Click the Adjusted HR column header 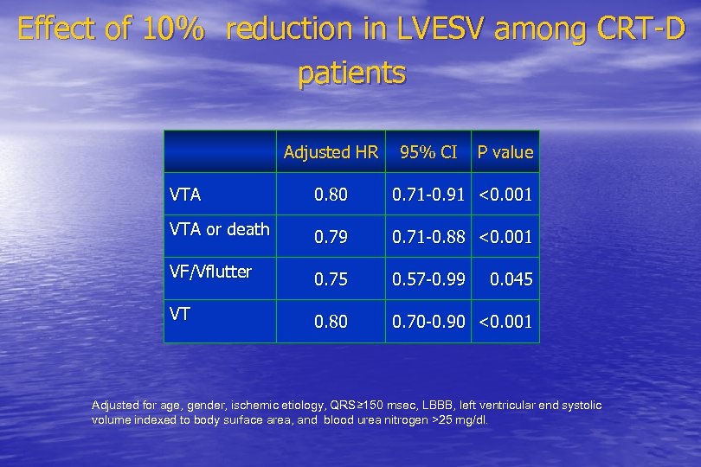331,152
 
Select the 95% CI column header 428,152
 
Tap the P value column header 505,152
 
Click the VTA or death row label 220,229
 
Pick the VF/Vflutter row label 210,272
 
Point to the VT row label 181,314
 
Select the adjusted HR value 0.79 331,237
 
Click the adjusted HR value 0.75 331,279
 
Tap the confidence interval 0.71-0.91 428,195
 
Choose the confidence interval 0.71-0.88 428,237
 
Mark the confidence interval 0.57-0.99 428,279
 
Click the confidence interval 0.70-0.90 428,322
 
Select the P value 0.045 511,279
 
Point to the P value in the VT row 505,322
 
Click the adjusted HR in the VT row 331,322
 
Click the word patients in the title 351,74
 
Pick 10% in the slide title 175,30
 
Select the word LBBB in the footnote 420,406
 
